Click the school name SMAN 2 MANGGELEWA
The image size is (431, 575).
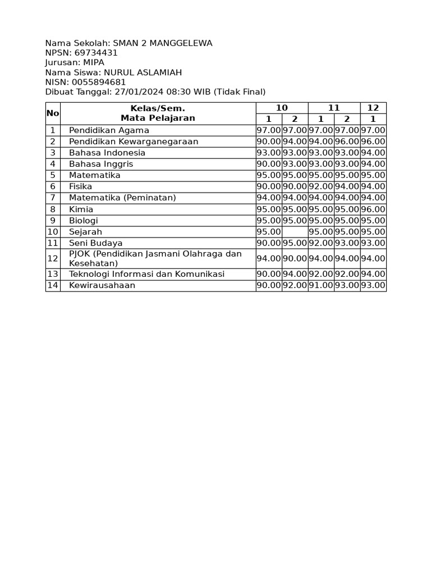(x=163, y=43)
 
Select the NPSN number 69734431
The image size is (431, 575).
(x=96, y=53)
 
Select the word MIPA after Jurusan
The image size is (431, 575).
(x=93, y=62)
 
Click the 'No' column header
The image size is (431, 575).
(x=53, y=113)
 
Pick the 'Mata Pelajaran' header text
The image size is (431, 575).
(x=158, y=118)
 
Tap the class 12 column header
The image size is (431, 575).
(x=373, y=108)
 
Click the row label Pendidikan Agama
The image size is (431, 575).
(x=109, y=130)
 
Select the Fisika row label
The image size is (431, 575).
(x=81, y=186)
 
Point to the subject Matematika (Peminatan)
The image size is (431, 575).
(x=122, y=198)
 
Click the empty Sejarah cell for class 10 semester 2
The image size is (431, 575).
(x=295, y=232)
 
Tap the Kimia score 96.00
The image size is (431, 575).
(x=373, y=209)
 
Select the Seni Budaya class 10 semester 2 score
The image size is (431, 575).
(x=295, y=243)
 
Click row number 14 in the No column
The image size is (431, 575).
(x=53, y=285)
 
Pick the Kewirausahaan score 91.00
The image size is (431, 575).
(x=321, y=285)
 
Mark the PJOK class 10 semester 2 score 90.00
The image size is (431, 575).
(x=295, y=258)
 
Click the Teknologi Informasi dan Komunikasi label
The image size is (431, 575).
(x=146, y=274)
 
